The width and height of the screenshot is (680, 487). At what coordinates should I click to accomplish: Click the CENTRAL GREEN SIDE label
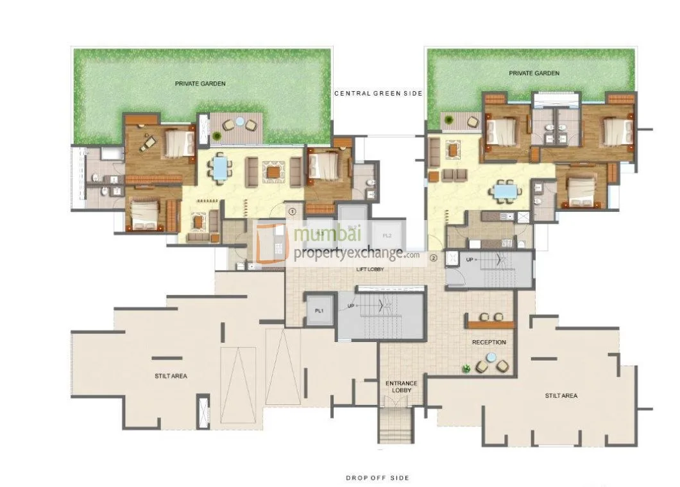378,94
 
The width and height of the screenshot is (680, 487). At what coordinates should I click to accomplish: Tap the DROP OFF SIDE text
377,478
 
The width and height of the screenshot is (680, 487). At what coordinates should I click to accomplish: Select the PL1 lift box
319,311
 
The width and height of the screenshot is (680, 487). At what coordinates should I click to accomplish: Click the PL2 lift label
387,235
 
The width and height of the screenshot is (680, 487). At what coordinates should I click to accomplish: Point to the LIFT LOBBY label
370,269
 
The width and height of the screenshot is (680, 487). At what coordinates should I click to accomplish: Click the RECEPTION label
489,343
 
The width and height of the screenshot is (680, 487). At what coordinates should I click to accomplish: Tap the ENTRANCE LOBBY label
401,387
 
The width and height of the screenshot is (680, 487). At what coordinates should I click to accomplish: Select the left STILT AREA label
171,376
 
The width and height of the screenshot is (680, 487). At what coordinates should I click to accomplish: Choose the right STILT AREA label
561,396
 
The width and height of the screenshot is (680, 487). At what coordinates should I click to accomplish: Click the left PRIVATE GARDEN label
201,83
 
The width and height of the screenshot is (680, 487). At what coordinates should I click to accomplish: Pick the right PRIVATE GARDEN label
534,73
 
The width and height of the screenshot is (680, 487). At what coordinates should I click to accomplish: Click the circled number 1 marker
293,210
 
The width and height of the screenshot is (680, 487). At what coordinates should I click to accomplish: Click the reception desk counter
491,324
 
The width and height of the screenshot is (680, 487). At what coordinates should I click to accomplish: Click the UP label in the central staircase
350,307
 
